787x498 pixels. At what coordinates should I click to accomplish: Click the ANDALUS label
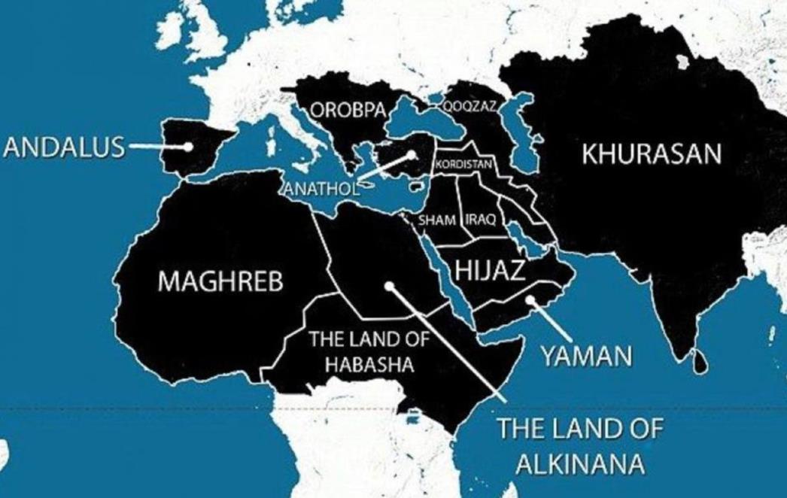tap(63, 147)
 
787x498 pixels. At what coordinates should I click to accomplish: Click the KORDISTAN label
tap(463, 164)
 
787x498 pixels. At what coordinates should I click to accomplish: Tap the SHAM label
tap(436, 220)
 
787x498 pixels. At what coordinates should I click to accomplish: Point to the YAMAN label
tap(587, 356)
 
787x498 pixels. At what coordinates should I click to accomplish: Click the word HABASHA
tap(370, 366)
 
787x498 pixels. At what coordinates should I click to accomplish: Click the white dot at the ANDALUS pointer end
tap(188, 147)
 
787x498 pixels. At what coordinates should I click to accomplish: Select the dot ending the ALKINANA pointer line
tap(388, 285)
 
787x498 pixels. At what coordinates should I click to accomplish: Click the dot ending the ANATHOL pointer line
tap(412, 156)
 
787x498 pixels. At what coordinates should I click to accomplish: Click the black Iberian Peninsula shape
tap(197, 149)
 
